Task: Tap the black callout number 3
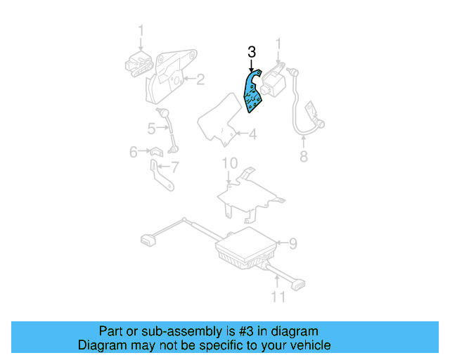coord(251,52)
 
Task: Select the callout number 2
coord(200,79)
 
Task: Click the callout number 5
coord(151,128)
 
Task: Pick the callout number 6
coord(134,151)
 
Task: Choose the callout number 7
coord(175,167)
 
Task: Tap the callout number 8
coord(304,156)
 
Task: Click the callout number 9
coord(292,243)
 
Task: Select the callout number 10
coord(230,164)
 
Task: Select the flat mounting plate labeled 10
coord(250,193)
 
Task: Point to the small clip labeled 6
coord(155,151)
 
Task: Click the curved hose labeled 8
coord(299,105)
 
